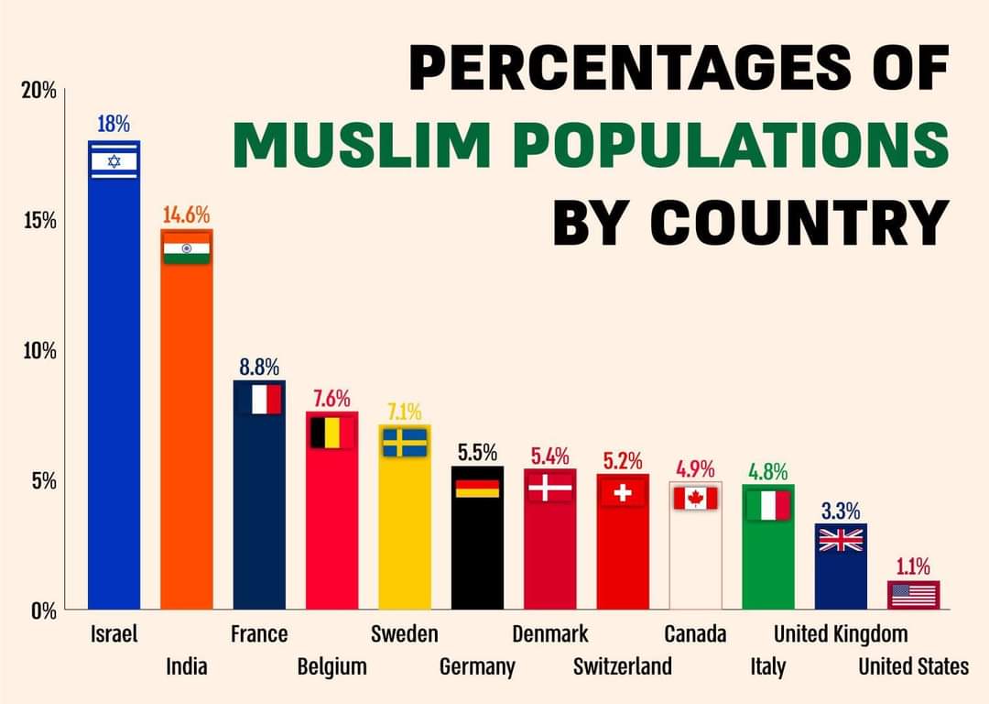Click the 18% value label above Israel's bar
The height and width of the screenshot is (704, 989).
point(114,124)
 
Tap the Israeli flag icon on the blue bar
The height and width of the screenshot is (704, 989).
point(114,161)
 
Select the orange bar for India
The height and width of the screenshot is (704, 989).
point(187,431)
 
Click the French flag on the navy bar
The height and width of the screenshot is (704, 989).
point(259,400)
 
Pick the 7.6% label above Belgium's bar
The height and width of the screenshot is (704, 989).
point(331,399)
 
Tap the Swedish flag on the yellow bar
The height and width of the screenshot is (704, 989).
point(405,443)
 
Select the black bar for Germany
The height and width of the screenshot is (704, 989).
point(477,550)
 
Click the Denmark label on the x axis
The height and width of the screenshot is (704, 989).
point(549,633)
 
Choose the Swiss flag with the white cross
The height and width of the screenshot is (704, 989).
point(623,493)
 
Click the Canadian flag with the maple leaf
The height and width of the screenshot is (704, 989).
point(695,498)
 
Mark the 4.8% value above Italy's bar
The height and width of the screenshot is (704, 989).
point(767,472)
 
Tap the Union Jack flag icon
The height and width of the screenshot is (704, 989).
point(841,540)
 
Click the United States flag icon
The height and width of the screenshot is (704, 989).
point(913,595)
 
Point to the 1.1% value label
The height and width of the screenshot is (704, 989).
point(913,566)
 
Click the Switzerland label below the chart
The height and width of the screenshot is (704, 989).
point(623,665)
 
